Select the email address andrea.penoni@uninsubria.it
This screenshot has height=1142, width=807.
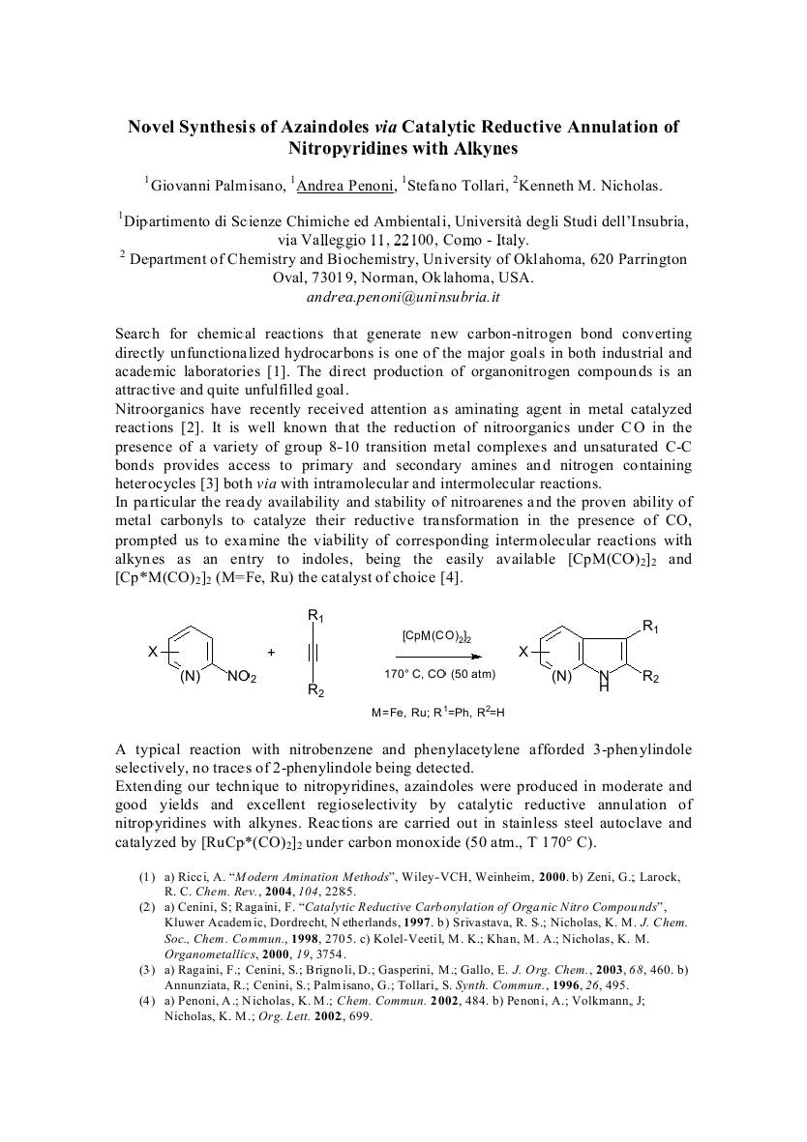[x=403, y=297]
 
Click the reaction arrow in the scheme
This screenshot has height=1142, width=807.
[x=434, y=654]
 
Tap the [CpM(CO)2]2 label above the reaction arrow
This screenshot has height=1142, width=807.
[x=435, y=636]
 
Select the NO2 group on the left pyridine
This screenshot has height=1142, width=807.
[x=242, y=677]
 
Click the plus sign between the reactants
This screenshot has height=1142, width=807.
[x=271, y=653]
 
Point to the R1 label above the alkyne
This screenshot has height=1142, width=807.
[x=315, y=615]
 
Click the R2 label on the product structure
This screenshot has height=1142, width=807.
[x=651, y=677]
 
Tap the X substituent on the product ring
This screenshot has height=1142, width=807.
[x=523, y=653]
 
